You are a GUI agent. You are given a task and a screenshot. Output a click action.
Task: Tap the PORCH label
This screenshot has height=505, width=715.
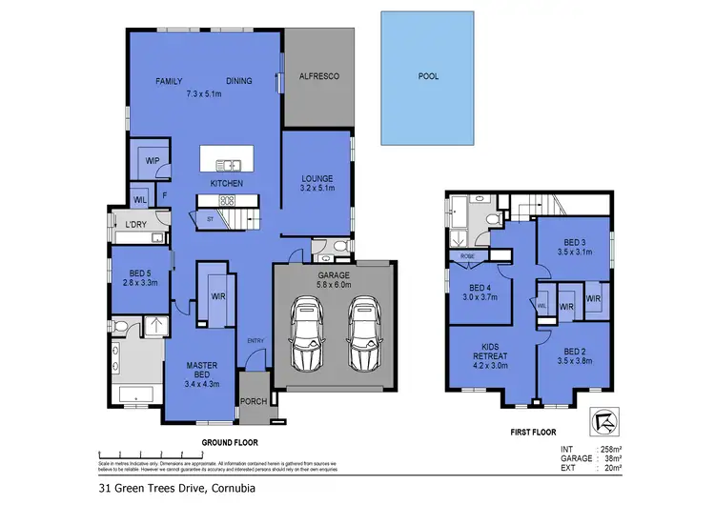254,401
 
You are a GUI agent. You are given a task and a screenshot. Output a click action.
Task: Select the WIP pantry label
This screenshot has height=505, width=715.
153,160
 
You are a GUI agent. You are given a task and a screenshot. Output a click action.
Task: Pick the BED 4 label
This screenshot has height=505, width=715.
480,293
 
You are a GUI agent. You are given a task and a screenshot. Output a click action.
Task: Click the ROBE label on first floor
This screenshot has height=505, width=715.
468,256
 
